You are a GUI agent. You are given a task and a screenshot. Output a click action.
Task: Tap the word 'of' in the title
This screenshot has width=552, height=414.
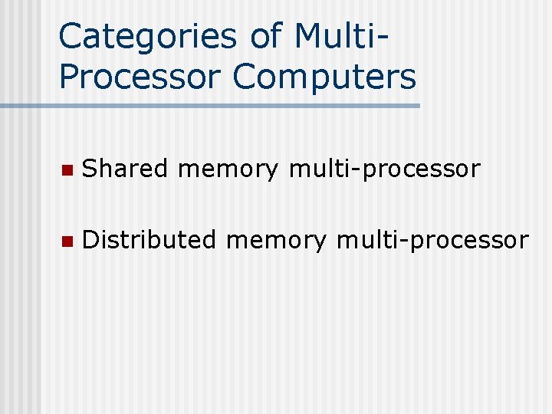pyautogui.click(x=268, y=37)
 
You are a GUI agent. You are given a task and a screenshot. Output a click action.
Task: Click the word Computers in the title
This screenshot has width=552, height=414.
pyautogui.click(x=324, y=77)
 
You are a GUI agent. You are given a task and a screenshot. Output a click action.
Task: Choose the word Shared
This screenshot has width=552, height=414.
pyautogui.click(x=123, y=169)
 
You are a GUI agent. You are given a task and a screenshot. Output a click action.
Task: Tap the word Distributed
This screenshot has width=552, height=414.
pyautogui.click(x=149, y=240)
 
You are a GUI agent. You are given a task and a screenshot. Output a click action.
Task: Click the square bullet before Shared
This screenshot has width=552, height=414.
pyautogui.click(x=67, y=169)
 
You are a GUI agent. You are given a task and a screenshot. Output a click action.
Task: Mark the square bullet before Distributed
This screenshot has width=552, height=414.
pyautogui.click(x=67, y=241)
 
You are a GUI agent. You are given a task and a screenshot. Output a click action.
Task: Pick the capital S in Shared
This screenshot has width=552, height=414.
pyautogui.click(x=91, y=169)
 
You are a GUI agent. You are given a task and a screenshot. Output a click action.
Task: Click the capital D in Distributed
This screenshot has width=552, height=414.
pyautogui.click(x=91, y=240)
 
